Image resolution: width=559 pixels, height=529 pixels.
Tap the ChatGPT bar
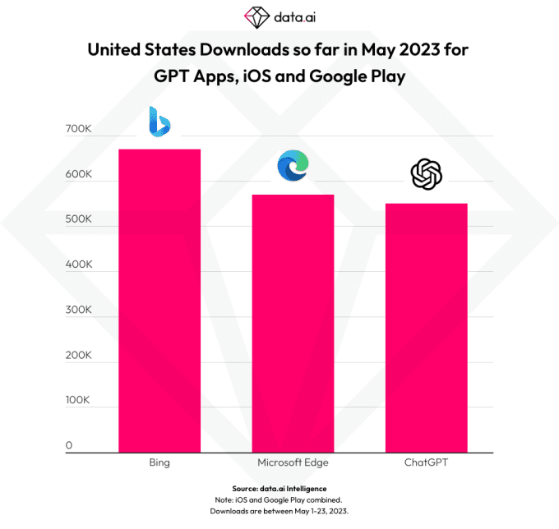(x=426, y=328)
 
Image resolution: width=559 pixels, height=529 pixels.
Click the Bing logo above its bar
(x=159, y=122)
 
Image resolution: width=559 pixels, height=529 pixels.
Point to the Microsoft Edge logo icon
(x=293, y=166)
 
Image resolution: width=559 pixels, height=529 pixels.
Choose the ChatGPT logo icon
(x=427, y=174)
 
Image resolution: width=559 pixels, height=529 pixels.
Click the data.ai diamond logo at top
(x=256, y=16)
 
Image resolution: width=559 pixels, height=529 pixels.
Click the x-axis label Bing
(x=159, y=463)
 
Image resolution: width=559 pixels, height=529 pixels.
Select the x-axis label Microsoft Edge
(x=293, y=463)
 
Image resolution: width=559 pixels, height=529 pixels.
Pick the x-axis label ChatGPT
(x=426, y=463)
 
